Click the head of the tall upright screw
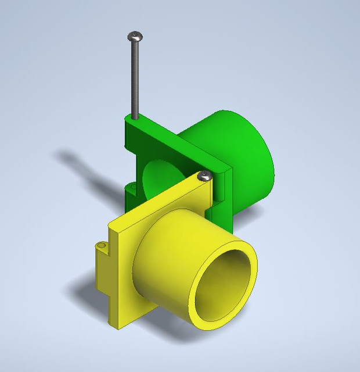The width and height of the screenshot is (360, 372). [x=135, y=36]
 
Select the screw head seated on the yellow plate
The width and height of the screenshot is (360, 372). [x=203, y=176]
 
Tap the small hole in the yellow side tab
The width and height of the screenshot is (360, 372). [x=103, y=246]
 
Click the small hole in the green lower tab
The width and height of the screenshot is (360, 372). [x=132, y=187]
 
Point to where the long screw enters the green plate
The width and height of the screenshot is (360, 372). [x=135, y=118]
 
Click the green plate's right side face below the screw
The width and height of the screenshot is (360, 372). [x=224, y=198]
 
